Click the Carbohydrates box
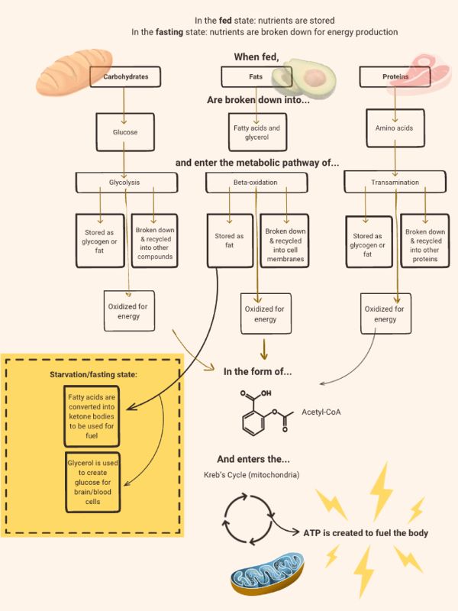(125, 77)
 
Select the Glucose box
(125, 131)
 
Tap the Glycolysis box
(127, 182)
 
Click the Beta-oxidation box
(255, 183)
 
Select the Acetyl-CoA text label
(321, 412)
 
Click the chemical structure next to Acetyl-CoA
(260, 412)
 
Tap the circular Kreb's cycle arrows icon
(247, 517)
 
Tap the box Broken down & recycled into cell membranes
(286, 241)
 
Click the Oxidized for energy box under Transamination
(386, 314)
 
